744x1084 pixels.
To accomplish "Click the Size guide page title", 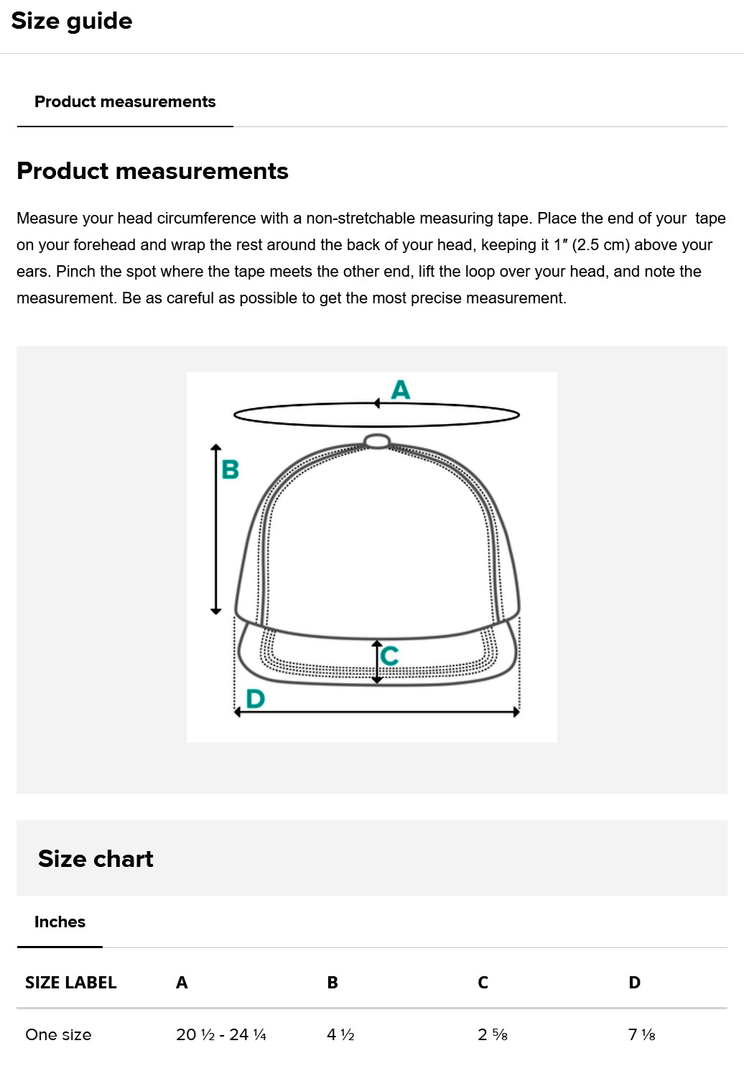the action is pyautogui.click(x=72, y=22).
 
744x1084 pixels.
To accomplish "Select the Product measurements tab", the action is pyautogui.click(x=125, y=101).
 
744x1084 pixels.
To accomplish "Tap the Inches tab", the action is pyautogui.click(x=60, y=922).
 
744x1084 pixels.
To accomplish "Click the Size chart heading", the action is pyautogui.click(x=96, y=859).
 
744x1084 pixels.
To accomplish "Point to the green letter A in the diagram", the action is pyautogui.click(x=401, y=390).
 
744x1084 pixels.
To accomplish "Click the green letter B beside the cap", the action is pyautogui.click(x=230, y=469).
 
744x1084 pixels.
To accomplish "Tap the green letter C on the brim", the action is pyautogui.click(x=389, y=656).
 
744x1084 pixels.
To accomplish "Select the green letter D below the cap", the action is pyautogui.click(x=255, y=698).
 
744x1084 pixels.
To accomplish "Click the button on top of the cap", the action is pyautogui.click(x=377, y=441).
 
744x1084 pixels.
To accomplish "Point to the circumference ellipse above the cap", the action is pyautogui.click(x=377, y=427).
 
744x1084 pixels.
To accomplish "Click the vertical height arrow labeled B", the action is pyautogui.click(x=216, y=529).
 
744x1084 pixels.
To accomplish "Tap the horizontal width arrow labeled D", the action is pyautogui.click(x=377, y=712).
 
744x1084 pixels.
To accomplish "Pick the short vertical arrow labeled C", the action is pyautogui.click(x=377, y=661).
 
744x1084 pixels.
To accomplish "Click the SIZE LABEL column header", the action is pyautogui.click(x=70, y=983).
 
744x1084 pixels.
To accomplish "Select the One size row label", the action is pyautogui.click(x=58, y=1034).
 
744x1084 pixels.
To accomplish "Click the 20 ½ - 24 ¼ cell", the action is pyautogui.click(x=221, y=1034).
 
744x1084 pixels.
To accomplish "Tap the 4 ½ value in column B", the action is pyautogui.click(x=340, y=1034).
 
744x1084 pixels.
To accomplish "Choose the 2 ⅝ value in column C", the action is pyautogui.click(x=492, y=1034).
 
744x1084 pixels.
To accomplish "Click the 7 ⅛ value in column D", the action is pyautogui.click(x=641, y=1034).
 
